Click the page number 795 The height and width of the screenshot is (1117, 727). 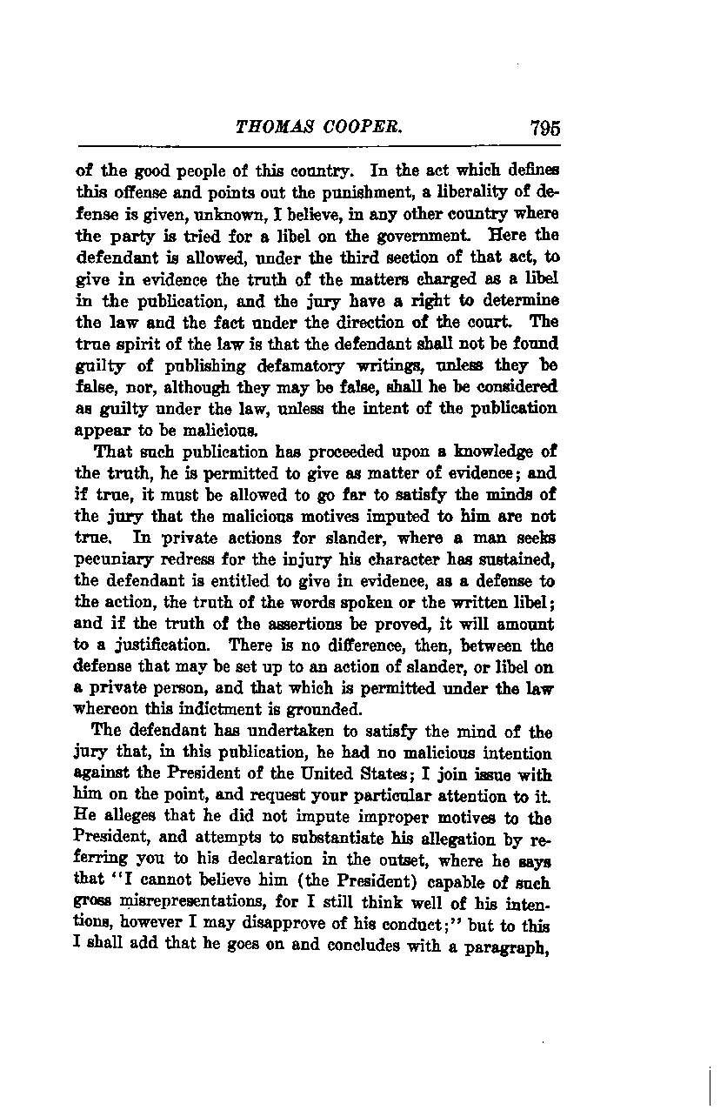[x=544, y=128]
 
